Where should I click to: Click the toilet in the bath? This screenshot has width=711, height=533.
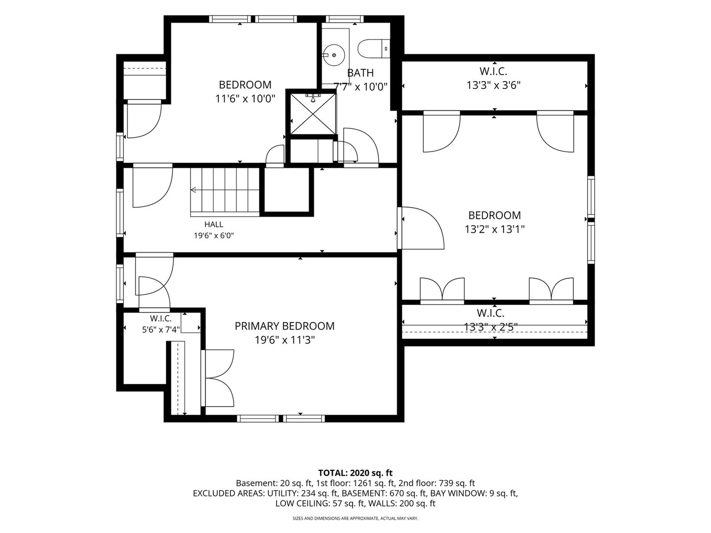point(374,49)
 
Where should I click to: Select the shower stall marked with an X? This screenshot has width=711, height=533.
point(313,114)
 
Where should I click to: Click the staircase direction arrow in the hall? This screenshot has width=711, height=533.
point(194,190)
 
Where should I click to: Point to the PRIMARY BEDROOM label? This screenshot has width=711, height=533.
point(284,326)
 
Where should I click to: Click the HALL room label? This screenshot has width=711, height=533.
point(214,224)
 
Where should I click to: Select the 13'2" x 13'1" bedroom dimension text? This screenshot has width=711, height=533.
point(495,229)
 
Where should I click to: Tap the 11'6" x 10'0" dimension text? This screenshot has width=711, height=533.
point(245,99)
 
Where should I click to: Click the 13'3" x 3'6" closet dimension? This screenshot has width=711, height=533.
point(493,85)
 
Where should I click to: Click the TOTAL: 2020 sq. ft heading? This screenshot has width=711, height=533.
point(355,473)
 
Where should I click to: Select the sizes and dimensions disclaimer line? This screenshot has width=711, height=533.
point(355,518)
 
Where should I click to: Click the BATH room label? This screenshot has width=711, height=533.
point(360,73)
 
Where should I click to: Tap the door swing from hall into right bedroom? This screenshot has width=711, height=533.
point(421,228)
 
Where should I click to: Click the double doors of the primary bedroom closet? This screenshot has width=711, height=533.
point(217,378)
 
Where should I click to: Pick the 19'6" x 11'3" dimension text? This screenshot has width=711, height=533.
point(285,340)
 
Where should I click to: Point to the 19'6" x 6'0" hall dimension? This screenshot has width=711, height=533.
point(214,235)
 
